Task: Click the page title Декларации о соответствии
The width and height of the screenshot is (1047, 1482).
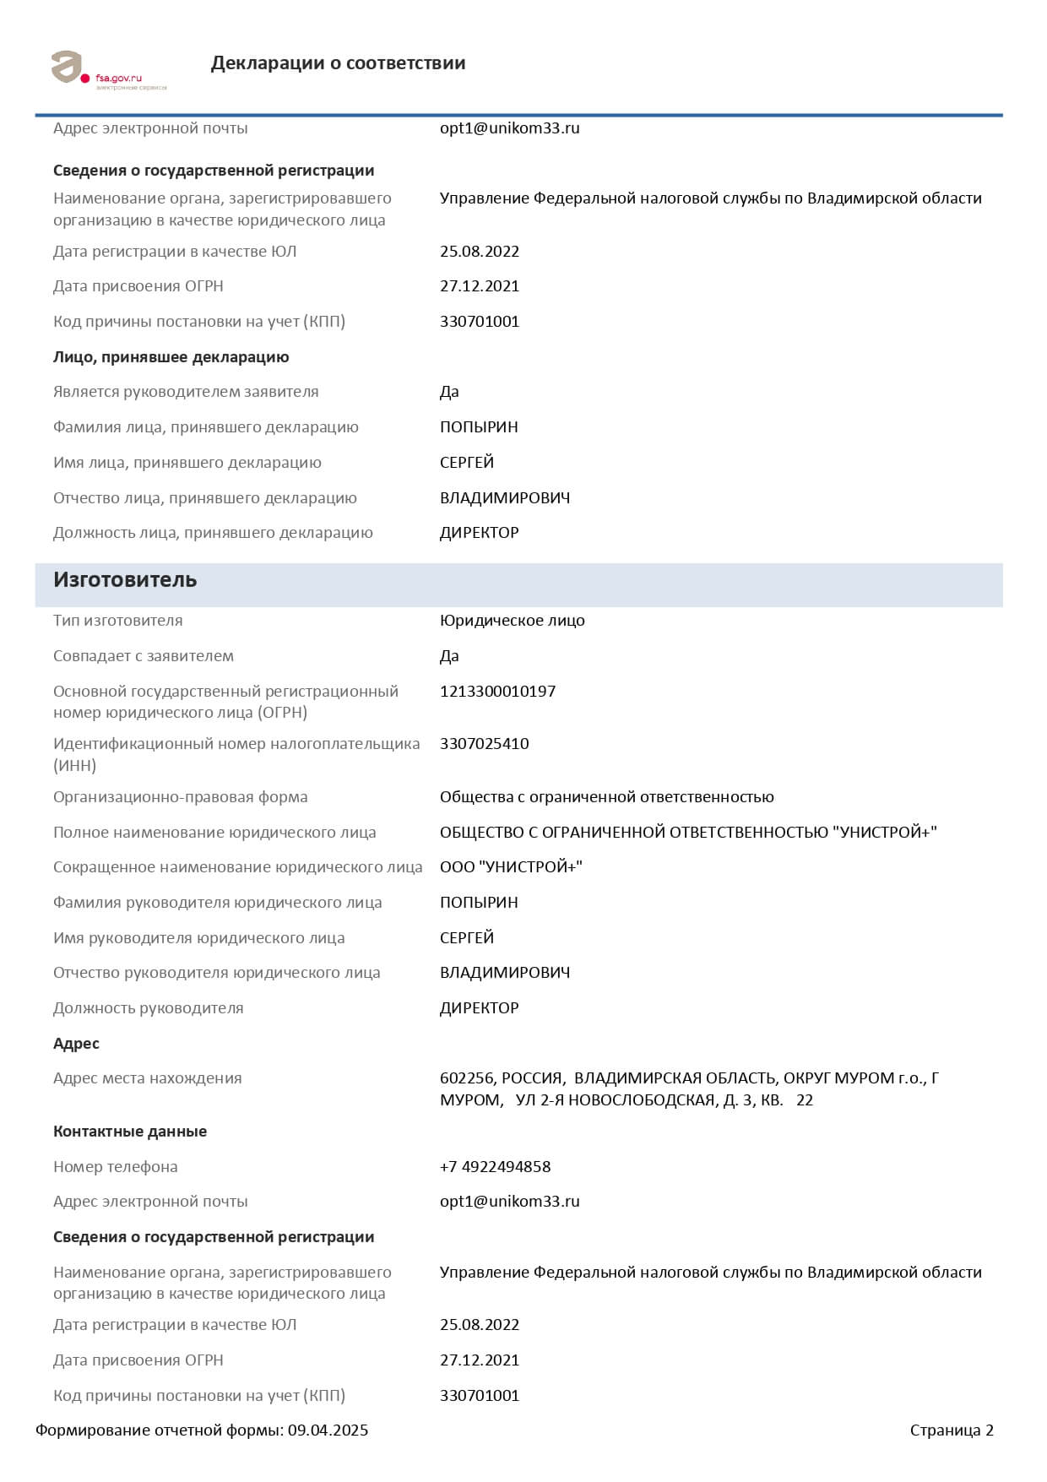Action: (x=338, y=63)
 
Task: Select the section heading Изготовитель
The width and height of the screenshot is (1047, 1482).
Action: (x=125, y=580)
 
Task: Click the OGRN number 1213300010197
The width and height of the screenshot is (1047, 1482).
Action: (x=497, y=692)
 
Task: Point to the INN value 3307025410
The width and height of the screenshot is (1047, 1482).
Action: (x=484, y=744)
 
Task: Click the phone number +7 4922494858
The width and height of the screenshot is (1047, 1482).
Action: (x=495, y=1167)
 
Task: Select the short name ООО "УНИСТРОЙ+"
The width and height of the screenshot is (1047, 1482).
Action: (x=511, y=867)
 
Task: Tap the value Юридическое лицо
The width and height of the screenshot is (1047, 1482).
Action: (x=512, y=621)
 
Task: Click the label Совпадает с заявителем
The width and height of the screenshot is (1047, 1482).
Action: (x=144, y=656)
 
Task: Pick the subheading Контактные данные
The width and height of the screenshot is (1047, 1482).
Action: (x=130, y=1132)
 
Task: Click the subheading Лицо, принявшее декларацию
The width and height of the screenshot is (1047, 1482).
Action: (x=171, y=357)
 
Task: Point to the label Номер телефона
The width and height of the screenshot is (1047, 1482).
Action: (x=116, y=1167)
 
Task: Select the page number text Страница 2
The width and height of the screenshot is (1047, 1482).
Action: (x=952, y=1430)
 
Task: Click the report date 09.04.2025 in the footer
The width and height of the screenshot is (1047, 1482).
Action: (x=328, y=1430)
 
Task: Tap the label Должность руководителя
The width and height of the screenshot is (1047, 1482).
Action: (x=148, y=1008)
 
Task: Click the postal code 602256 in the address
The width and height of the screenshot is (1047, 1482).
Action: (x=466, y=1078)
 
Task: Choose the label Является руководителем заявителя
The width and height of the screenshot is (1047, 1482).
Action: (x=186, y=392)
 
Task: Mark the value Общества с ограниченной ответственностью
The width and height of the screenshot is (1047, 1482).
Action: (x=606, y=797)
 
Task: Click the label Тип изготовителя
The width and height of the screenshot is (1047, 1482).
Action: (x=118, y=621)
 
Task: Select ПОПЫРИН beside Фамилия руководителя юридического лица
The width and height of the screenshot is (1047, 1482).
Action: (x=479, y=903)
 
